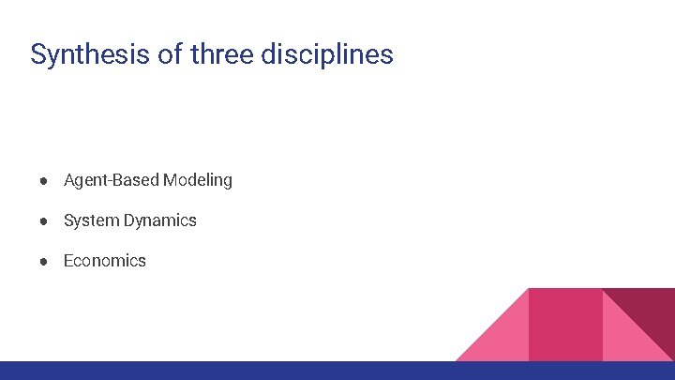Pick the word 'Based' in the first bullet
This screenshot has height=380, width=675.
pos(136,179)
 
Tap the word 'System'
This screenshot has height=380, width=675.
pos(90,220)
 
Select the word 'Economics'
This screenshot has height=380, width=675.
pos(105,261)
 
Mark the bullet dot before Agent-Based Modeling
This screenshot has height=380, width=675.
pos(44,180)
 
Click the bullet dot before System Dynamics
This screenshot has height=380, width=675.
pos(44,221)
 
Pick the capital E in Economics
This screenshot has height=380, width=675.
pos(68,261)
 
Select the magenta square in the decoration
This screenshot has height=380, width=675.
pos(565,324)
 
